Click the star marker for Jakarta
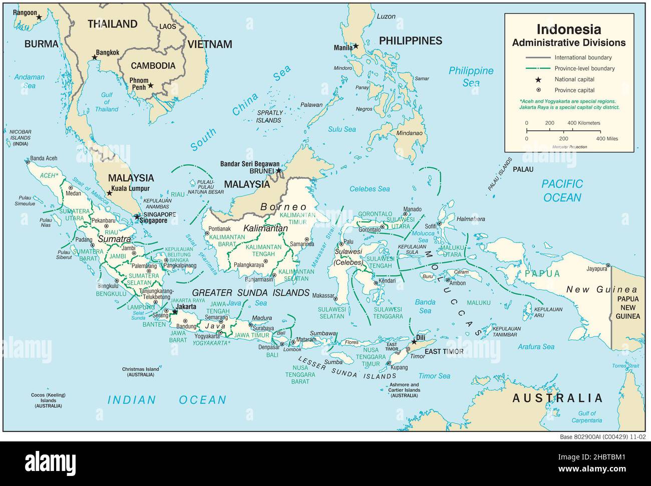pyautogui.click(x=174, y=312)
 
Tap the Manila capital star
pyautogui.click(x=356, y=46)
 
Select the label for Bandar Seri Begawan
pyautogui.click(x=250, y=163)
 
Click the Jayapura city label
pyautogui.click(x=599, y=269)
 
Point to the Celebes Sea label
pyautogui.click(x=370, y=189)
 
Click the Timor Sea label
pyautogui.click(x=434, y=376)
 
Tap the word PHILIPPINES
pyautogui.click(x=410, y=41)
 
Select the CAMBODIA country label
pyautogui.click(x=153, y=66)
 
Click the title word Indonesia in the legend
pyautogui.click(x=568, y=29)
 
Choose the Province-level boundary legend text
pyautogui.click(x=584, y=69)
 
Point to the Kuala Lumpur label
pyautogui.click(x=132, y=188)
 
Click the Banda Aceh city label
pyautogui.click(x=44, y=158)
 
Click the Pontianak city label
pyautogui.click(x=220, y=228)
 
